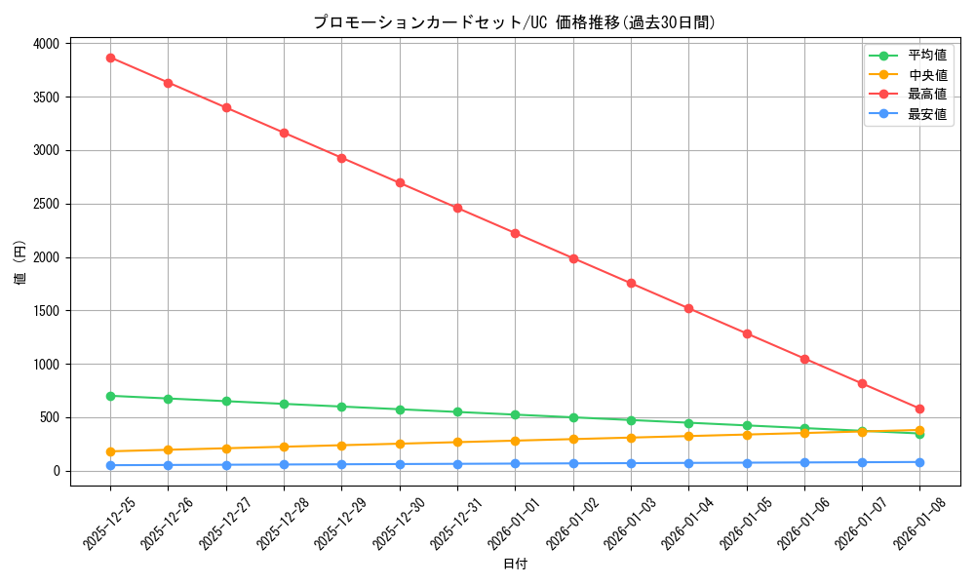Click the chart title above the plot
pos(514,22)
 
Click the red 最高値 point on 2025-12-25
pos(110,58)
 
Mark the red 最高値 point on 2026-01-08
pos(919,409)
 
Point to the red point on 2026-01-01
pos(515,233)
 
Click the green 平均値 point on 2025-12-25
pos(110,396)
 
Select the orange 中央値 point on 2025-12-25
pos(110,451)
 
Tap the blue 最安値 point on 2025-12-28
pos(284,464)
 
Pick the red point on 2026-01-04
pos(688,308)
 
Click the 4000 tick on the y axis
pos(47,44)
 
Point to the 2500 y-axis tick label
pos(47,204)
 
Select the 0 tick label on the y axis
pos(58,471)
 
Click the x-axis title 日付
pos(515,565)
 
